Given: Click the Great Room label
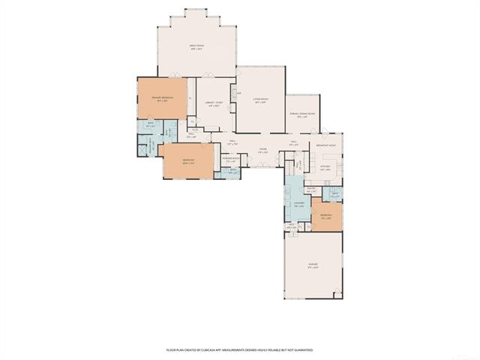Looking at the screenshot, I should pyautogui.click(x=196, y=46).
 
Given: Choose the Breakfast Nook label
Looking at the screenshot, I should pyautogui.click(x=325, y=145).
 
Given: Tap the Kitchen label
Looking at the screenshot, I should pyautogui.click(x=325, y=169).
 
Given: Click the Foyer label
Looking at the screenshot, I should pyautogui.click(x=263, y=150).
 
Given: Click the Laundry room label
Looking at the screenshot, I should pyautogui.click(x=298, y=204).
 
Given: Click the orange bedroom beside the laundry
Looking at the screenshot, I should pyautogui.click(x=327, y=216).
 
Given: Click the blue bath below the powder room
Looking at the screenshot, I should pyautogui.click(x=233, y=172).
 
